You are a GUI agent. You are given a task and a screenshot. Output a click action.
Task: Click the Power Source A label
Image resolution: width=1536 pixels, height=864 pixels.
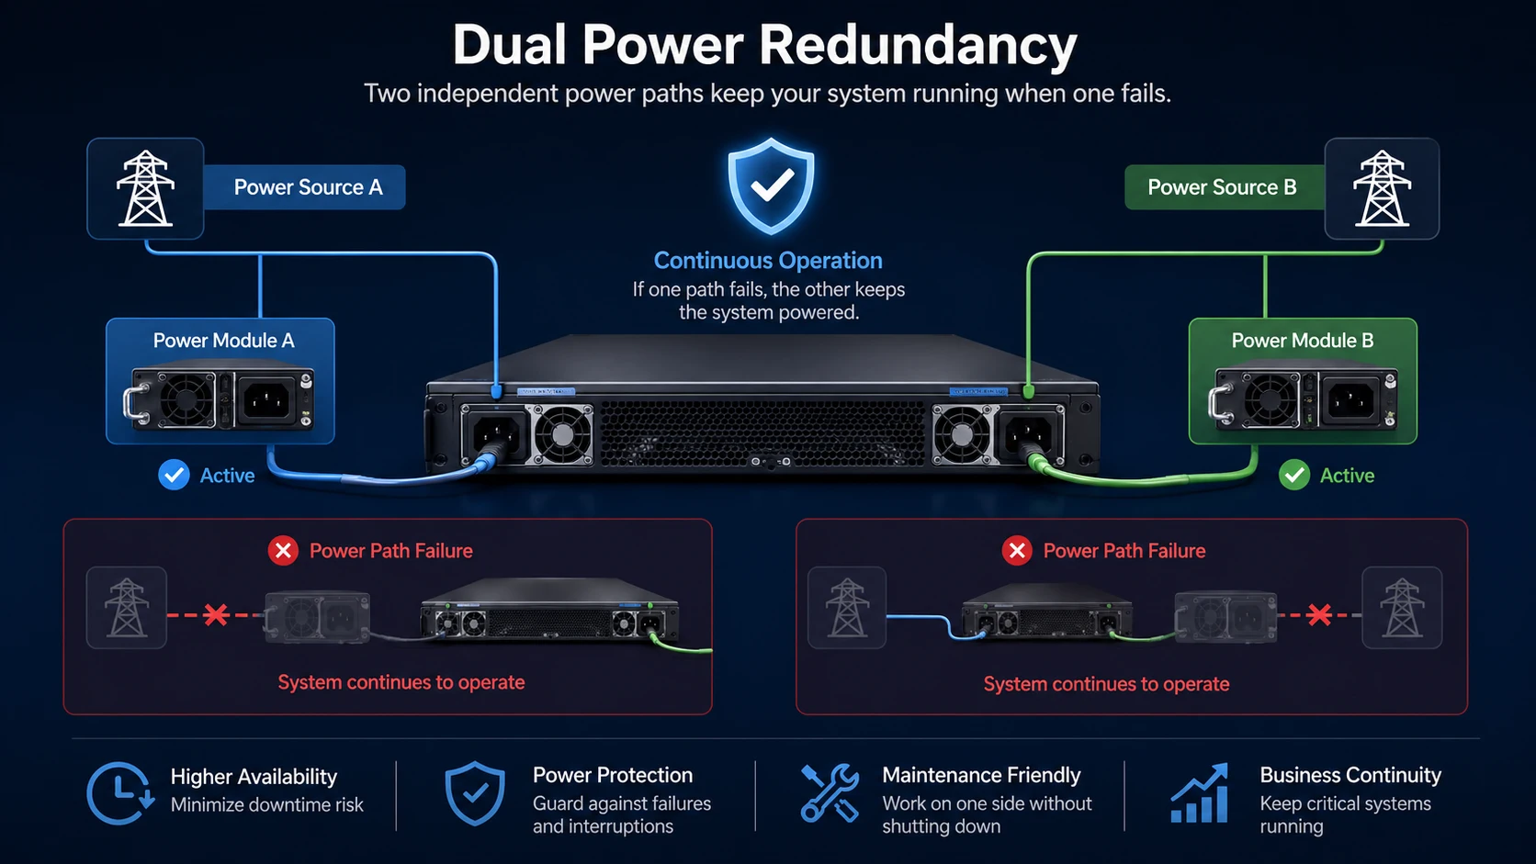(x=307, y=187)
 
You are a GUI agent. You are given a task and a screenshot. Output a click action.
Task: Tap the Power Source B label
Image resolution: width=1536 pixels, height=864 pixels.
(x=1222, y=187)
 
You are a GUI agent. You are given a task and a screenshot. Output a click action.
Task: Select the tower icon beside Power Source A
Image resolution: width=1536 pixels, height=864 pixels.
(x=145, y=188)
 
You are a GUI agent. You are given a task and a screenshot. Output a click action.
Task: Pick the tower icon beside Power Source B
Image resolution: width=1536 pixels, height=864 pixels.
(x=1382, y=188)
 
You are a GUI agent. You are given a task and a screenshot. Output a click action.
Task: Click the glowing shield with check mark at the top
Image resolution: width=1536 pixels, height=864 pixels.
(x=771, y=186)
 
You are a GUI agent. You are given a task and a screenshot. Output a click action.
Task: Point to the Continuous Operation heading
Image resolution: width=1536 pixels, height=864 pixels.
(x=768, y=261)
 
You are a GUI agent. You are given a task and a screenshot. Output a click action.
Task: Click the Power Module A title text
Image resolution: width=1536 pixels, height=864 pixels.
(x=223, y=341)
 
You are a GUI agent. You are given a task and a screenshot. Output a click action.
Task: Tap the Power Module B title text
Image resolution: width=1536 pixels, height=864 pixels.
(x=1302, y=341)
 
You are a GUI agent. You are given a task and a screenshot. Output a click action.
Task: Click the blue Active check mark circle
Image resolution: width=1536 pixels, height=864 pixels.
(x=174, y=476)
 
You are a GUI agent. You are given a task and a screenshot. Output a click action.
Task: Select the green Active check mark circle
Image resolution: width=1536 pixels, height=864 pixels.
(x=1294, y=476)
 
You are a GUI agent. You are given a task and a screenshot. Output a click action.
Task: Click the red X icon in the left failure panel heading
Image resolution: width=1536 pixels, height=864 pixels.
(x=283, y=551)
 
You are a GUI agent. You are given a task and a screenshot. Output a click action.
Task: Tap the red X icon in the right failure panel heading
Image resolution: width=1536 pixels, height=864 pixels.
(x=1017, y=551)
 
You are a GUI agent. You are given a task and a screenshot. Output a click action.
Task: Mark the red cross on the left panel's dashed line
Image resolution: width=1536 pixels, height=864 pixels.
(x=216, y=614)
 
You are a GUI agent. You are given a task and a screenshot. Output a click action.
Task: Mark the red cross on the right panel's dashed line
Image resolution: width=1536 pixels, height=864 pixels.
(x=1319, y=614)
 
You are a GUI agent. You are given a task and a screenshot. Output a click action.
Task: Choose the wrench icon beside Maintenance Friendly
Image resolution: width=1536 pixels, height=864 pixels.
(x=830, y=792)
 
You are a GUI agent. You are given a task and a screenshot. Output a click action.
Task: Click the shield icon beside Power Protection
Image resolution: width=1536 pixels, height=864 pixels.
(x=475, y=793)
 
